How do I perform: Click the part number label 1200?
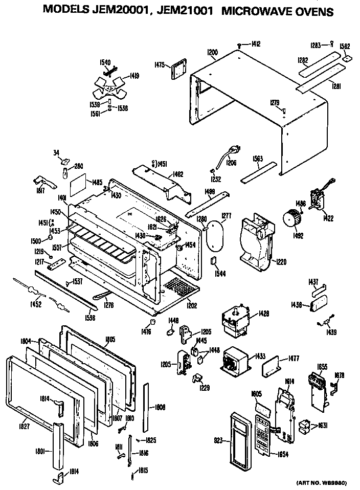pos(213,52)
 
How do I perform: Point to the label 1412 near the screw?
pos(256,44)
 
